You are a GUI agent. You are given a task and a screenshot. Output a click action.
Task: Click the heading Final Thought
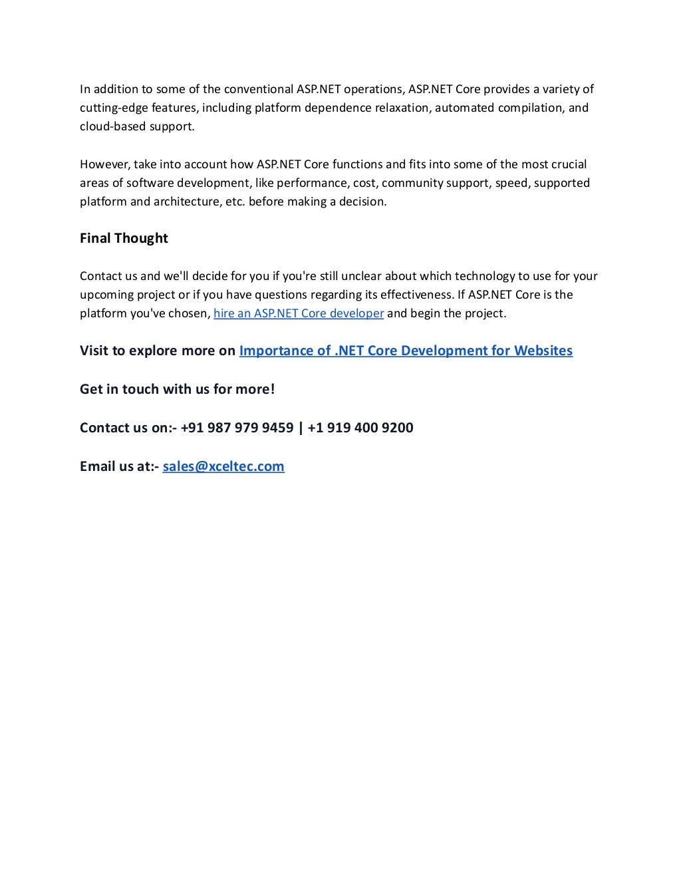coord(124,238)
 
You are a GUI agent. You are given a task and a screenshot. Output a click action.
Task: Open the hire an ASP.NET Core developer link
coord(299,313)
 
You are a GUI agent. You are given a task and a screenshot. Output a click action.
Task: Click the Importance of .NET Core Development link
coord(406,351)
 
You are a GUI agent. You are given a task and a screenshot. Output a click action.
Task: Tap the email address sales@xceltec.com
coord(223,466)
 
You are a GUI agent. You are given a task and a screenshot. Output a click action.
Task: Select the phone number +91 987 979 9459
coord(237,428)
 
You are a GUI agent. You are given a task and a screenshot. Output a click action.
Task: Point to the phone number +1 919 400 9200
coord(360,428)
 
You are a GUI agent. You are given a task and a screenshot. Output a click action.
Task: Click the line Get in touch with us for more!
coord(177,389)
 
